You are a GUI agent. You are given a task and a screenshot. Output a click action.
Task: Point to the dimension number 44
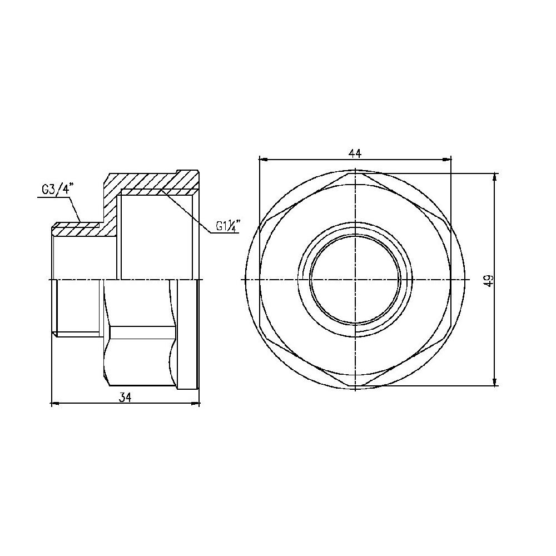pyautogui.click(x=355, y=152)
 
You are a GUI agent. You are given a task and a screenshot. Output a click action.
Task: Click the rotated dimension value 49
pyautogui.click(x=489, y=280)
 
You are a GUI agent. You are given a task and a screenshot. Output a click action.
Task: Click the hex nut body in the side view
pyautogui.click(x=139, y=334)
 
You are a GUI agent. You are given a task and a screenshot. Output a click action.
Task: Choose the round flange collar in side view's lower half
pyautogui.click(x=187, y=334)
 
